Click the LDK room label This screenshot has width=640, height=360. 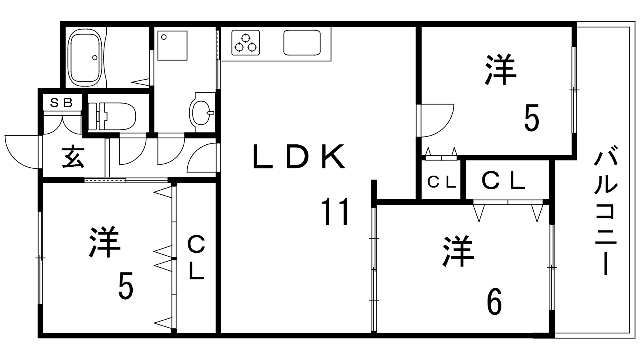[x=299, y=156]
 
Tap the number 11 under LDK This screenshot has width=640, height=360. [x=335, y=212]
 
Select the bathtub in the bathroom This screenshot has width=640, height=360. [x=86, y=58]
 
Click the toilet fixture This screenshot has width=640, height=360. [x=112, y=116]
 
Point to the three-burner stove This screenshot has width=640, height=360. [x=246, y=43]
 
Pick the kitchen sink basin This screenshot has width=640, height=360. [x=302, y=43]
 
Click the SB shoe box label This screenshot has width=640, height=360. [x=62, y=102]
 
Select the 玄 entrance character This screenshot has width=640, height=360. [x=74, y=157]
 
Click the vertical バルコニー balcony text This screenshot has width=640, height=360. [x=606, y=210]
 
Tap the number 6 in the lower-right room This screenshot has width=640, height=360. [x=494, y=301]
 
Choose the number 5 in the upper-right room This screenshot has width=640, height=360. [x=532, y=118]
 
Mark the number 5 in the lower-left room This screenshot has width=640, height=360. [x=126, y=286]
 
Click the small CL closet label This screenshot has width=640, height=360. [x=442, y=182]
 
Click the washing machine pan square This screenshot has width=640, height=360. [x=172, y=46]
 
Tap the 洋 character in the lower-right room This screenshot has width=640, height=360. [x=458, y=251]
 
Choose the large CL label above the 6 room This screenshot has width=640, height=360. [x=504, y=180]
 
